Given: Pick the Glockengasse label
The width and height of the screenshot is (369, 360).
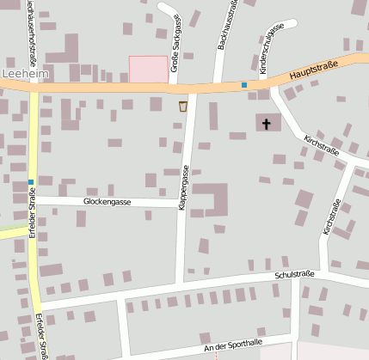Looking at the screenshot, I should pyautogui.click(x=107, y=201).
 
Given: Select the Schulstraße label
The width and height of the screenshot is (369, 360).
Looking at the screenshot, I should pyautogui.click(x=294, y=275).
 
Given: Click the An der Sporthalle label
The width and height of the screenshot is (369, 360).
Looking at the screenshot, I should pyautogui.click(x=233, y=345).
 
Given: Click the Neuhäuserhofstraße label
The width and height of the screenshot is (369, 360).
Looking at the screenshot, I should pyautogui.click(x=32, y=26).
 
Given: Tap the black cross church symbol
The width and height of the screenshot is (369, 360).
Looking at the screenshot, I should pyautogui.click(x=266, y=124).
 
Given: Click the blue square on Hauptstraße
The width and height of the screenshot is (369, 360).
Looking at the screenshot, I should pyautogui.click(x=244, y=85).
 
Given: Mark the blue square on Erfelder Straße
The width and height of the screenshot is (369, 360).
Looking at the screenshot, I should pyautogui.click(x=31, y=181).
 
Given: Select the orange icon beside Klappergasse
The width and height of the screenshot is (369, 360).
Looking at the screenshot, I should pyautogui.click(x=182, y=106).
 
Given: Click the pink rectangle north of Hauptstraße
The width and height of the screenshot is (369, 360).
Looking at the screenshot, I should pyautogui.click(x=148, y=69).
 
